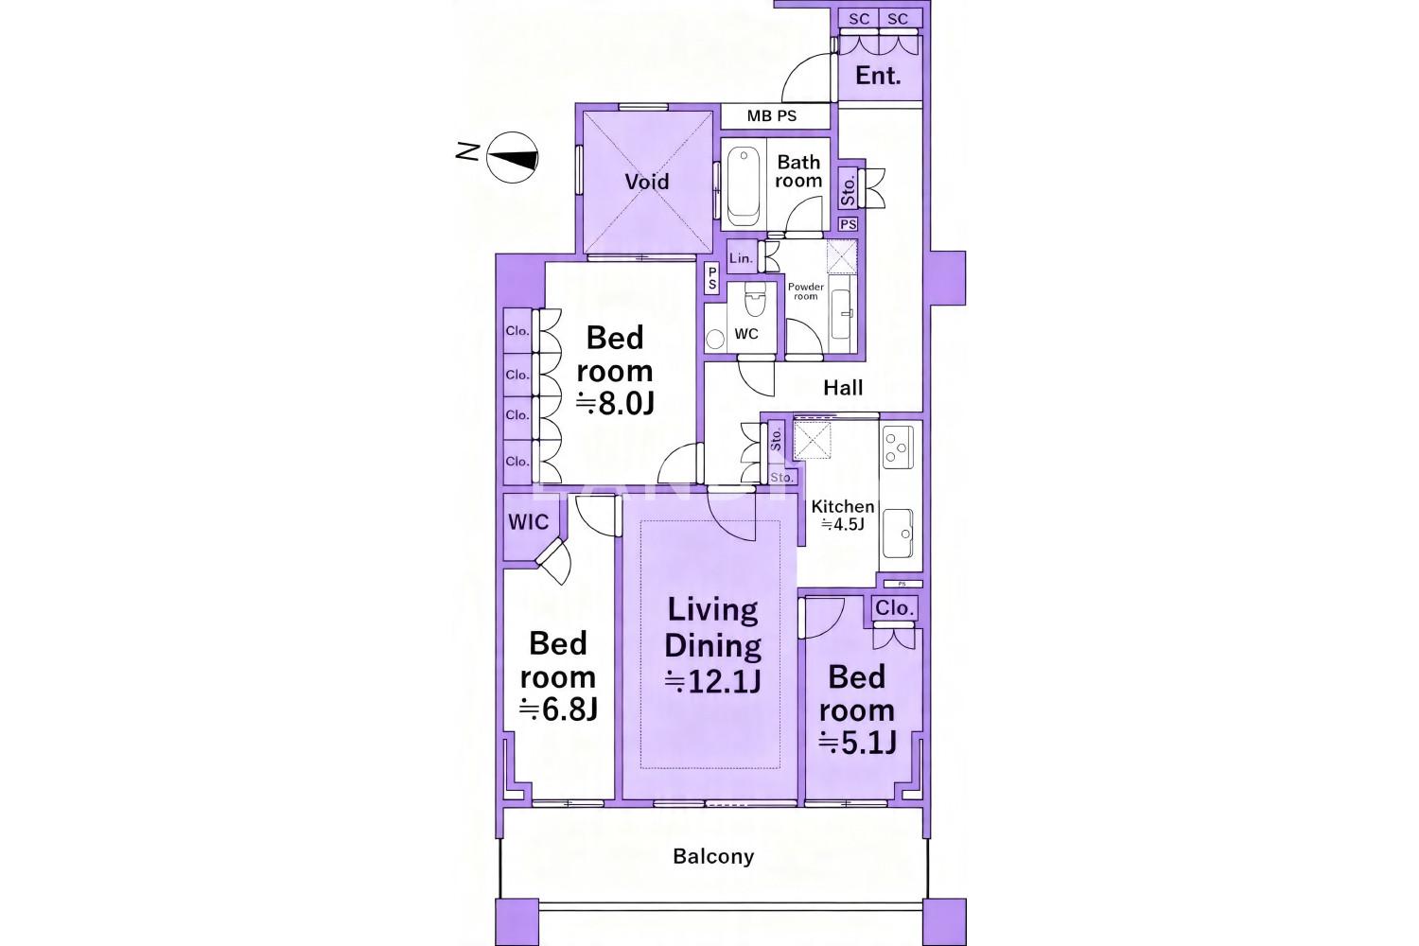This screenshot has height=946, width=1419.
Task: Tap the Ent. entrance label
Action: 878,76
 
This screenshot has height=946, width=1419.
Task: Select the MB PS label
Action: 772,116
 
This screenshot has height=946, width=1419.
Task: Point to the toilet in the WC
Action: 754,300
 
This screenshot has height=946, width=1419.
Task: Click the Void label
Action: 647,182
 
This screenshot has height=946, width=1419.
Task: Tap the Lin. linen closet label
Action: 741,258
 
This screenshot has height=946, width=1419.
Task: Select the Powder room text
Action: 806,291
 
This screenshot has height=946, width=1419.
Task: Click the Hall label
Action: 843,388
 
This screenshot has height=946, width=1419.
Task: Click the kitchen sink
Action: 898,534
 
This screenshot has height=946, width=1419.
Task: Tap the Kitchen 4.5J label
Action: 843,516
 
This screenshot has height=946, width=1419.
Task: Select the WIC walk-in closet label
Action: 528,522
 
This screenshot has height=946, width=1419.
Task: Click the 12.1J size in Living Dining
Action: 712,682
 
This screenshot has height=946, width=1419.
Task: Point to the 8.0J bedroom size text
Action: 615,404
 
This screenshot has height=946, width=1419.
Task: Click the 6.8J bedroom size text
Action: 558,709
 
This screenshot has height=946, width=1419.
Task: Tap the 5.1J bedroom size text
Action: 857,744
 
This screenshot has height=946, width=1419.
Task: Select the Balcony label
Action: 713,857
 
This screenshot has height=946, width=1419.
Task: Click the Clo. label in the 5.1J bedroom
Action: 894,608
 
